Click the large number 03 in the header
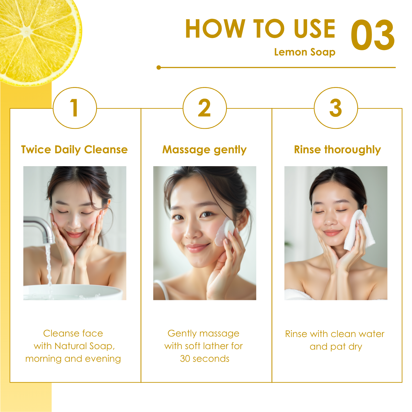373,35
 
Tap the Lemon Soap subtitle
305,52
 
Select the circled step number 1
75,108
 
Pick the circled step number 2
205,108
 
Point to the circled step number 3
336,108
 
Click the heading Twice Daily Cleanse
74,150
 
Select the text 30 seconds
205,359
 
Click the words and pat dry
336,347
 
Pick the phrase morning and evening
73,359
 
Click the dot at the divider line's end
158,67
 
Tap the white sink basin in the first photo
73,292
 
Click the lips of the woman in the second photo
197,247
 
